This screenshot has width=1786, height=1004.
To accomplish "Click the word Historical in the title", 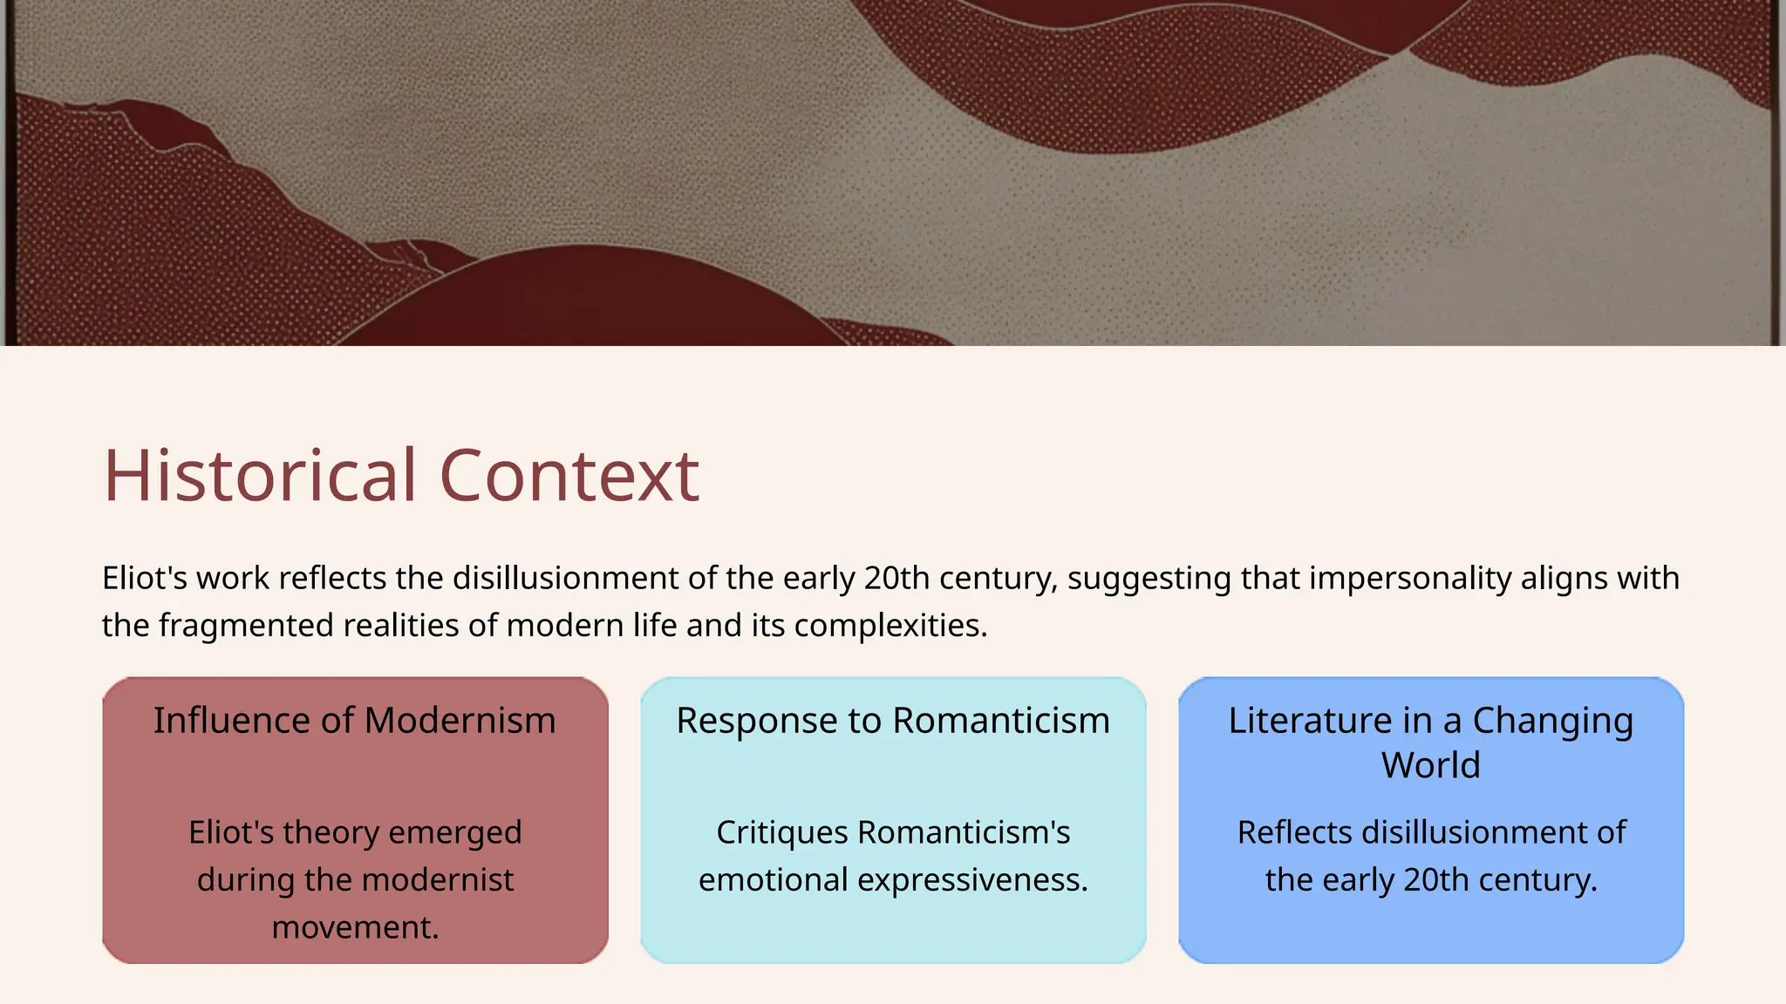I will [260, 476].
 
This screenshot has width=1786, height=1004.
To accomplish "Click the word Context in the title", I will [569, 476].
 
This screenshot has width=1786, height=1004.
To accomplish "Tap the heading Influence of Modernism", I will [355, 721].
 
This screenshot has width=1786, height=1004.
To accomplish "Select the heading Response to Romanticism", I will [893, 721].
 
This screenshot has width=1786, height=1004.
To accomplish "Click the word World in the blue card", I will [1430, 765].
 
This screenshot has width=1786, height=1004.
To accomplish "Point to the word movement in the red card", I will [355, 927].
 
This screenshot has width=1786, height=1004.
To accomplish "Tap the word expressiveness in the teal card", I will [972, 880].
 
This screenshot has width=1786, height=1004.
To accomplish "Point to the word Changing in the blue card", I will [1552, 721].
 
